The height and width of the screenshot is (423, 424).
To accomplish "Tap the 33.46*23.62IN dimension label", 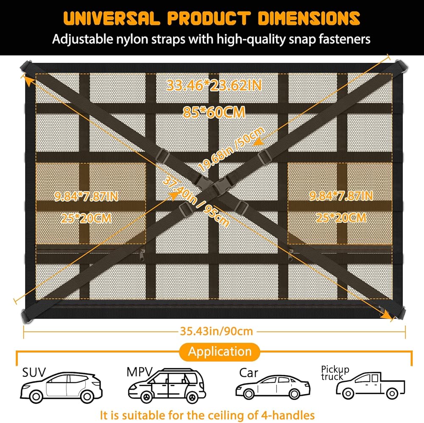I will pyautogui.click(x=214, y=85).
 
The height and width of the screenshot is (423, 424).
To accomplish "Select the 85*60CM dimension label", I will pyautogui.click(x=214, y=112).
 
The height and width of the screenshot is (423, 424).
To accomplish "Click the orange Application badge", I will pyautogui.click(x=220, y=351).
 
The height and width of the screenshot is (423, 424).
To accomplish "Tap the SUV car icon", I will pyautogui.click(x=61, y=388).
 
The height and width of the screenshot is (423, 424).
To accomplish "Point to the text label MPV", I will pyautogui.click(x=139, y=372).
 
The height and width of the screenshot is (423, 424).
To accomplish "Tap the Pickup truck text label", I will pyautogui.click(x=335, y=373).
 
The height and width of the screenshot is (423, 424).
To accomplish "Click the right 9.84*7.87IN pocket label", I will pyautogui.click(x=341, y=196).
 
